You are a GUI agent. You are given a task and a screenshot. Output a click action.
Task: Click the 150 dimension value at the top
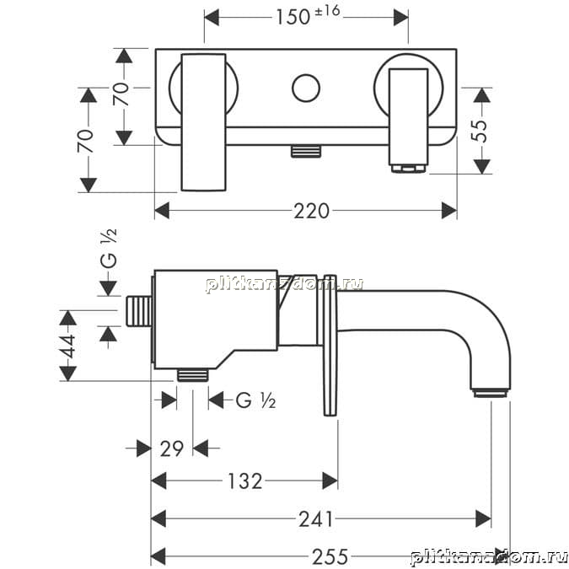(293, 17)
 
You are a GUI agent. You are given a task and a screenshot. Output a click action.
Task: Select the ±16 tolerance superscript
(328, 11)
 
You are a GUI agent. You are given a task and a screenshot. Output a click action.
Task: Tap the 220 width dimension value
(311, 211)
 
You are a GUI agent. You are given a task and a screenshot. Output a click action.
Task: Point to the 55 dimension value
(479, 131)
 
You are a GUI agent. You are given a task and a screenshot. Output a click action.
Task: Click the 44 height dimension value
(68, 346)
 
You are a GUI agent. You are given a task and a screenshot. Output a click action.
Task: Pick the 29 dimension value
(172, 449)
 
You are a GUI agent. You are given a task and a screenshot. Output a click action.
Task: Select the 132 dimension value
(244, 481)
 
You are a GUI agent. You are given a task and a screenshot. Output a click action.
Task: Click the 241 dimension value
(316, 519)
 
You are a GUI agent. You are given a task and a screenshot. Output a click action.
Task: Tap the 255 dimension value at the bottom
(330, 556)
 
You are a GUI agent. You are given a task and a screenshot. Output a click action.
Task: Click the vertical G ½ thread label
(109, 248)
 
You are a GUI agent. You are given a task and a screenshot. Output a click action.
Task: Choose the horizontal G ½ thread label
(255, 400)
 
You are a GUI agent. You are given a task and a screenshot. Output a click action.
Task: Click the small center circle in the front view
(306, 89)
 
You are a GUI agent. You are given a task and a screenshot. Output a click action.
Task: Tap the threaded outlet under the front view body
(306, 152)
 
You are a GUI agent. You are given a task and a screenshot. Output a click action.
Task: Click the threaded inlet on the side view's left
(139, 310)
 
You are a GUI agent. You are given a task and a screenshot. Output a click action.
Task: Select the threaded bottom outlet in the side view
(193, 375)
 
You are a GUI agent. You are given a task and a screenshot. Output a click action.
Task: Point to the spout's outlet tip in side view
(491, 394)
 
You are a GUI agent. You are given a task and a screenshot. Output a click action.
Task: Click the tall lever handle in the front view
(204, 122)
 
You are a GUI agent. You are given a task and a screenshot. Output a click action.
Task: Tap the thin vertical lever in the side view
(330, 345)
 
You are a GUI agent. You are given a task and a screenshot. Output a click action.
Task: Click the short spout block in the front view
(409, 117)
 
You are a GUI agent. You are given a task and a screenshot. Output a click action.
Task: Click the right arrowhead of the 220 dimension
(449, 211)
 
